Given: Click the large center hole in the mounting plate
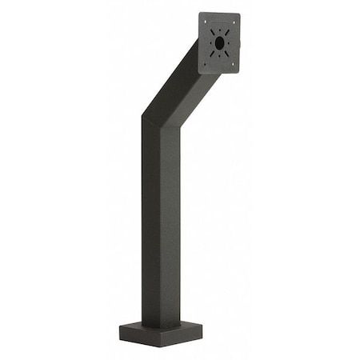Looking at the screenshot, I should pos(220,43).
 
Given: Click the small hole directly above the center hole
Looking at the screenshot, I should pos(219,29).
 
